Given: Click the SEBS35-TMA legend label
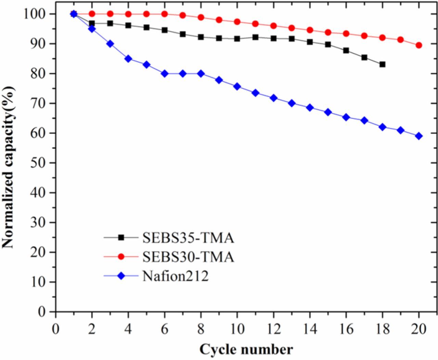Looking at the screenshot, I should pyautogui.click(x=188, y=238).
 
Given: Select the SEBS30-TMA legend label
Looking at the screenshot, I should pyautogui.click(x=188, y=257).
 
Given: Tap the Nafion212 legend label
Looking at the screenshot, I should pyautogui.click(x=175, y=276).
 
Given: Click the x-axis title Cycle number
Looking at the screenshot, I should pyautogui.click(x=246, y=350).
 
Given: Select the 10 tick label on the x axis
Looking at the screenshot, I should pyautogui.click(x=237, y=330).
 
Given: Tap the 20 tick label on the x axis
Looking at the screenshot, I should pyautogui.click(x=418, y=330).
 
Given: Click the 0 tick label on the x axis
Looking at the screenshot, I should pyautogui.click(x=55, y=330).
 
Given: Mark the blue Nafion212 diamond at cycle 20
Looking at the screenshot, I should pyautogui.click(x=418, y=136).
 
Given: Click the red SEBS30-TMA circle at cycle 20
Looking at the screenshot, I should pyautogui.click(x=418, y=45).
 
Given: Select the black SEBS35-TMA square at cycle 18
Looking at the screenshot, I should pyautogui.click(x=382, y=64).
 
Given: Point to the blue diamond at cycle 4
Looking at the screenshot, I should pyautogui.click(x=128, y=59).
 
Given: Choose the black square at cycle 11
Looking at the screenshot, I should pyautogui.click(x=255, y=37).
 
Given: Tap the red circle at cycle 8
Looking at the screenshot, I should pyautogui.click(x=201, y=17).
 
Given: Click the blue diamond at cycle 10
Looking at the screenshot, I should pyautogui.click(x=237, y=86).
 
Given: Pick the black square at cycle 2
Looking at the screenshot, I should pyautogui.click(x=92, y=24).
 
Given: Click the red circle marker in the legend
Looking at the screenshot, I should pyautogui.click(x=121, y=257).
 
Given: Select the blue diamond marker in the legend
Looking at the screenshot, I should pyautogui.click(x=121, y=276).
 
